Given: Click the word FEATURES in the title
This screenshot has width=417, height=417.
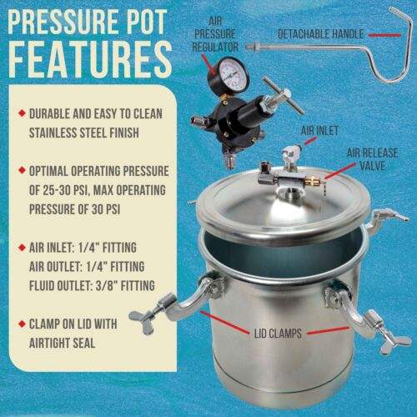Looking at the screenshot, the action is tap(90, 59).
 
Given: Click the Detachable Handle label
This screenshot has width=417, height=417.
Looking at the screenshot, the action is tap(320, 34).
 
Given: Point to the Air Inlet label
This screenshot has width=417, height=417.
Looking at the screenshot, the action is tap(319, 130).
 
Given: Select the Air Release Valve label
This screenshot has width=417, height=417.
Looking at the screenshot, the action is tap(372, 159).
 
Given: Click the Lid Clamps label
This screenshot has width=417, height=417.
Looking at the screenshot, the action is tap(278, 334).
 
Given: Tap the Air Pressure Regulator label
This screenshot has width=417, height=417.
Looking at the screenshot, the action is tap(215, 34).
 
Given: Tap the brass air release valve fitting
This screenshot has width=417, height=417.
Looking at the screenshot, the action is tap(314, 181).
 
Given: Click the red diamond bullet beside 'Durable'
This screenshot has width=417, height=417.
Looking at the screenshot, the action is tap(22, 113).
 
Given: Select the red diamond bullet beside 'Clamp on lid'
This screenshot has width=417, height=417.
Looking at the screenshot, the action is tap(22, 324).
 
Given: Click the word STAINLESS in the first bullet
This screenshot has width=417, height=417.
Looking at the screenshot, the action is tap(49, 133).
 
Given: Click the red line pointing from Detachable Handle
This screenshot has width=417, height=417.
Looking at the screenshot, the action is tap(384, 35).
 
